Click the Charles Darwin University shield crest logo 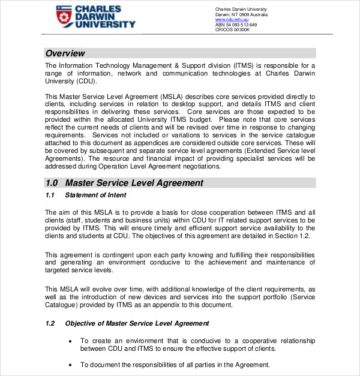[64, 17]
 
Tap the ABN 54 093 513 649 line [236, 25]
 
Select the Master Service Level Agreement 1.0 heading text [134, 183]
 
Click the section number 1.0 [52, 183]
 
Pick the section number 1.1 [50, 195]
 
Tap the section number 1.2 [50, 323]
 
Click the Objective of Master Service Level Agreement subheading [137, 323]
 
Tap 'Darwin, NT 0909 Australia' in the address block [241, 14]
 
